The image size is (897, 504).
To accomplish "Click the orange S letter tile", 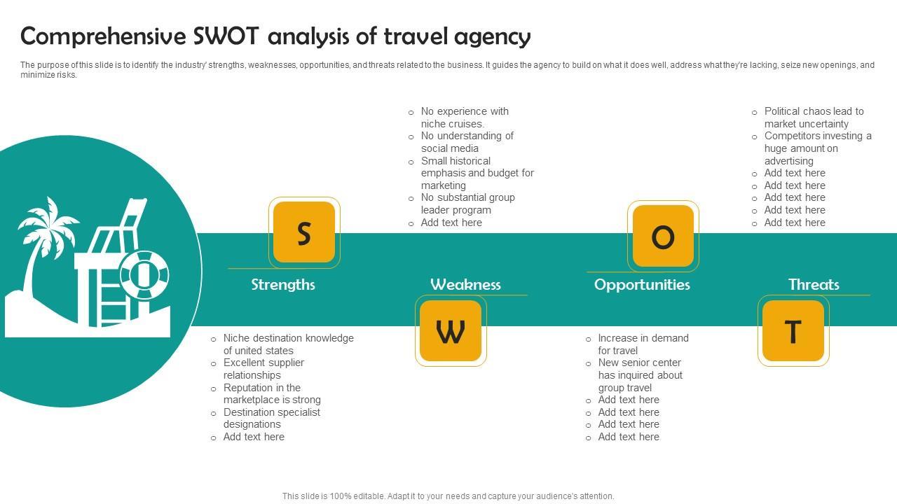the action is click(x=304, y=233).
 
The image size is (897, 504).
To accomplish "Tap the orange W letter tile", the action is click(x=451, y=331).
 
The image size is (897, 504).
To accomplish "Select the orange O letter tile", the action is click(x=663, y=237).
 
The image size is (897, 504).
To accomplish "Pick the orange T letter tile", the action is click(x=793, y=331).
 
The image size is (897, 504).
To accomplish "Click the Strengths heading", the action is click(x=283, y=284).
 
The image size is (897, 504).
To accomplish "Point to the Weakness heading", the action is click(x=465, y=284).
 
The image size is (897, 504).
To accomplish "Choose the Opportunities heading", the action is click(x=642, y=284).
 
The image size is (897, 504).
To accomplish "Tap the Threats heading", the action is click(x=814, y=284).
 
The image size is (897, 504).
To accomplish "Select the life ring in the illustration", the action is click(x=144, y=274).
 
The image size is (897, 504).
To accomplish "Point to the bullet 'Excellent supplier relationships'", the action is click(x=263, y=369).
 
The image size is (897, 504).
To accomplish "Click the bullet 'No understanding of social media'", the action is click(x=467, y=142).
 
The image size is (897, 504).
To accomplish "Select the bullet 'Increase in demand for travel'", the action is click(x=643, y=344).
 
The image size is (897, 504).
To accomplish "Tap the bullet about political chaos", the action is click(x=814, y=118).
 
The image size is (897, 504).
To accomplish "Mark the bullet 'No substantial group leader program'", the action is click(x=467, y=204).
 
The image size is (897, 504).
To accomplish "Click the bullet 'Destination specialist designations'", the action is click(x=271, y=418).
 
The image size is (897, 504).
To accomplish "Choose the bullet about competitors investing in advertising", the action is click(x=817, y=148).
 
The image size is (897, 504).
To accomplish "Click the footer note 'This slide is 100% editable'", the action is click(x=448, y=496).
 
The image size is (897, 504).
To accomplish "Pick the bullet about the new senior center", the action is click(x=640, y=375).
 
